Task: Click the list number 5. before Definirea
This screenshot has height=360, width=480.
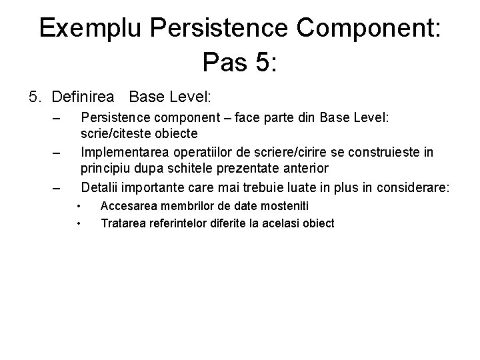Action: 36,97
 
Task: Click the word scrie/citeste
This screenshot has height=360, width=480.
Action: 115,134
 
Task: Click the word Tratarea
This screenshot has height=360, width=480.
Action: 121,223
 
